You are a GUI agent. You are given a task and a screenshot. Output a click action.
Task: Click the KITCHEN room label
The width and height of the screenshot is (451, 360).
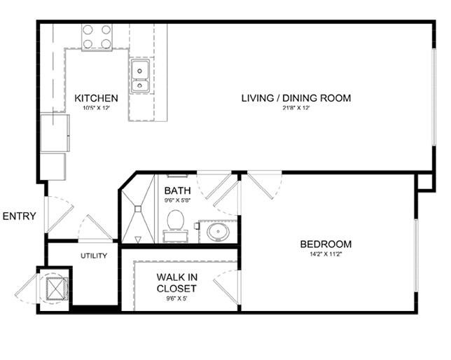point(96,98)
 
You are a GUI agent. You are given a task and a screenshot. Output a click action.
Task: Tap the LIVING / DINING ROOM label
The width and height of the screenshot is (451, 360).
point(296,98)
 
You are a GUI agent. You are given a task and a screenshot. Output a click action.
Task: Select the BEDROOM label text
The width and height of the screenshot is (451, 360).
point(326,244)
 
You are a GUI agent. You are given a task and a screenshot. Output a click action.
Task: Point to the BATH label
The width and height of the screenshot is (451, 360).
point(177,191)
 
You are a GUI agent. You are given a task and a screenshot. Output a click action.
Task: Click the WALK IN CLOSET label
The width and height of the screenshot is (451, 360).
point(177,282)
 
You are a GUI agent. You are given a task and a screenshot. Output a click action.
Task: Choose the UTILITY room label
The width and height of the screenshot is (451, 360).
point(94,256)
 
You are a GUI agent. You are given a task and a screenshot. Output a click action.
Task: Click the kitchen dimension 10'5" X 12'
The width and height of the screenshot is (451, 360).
point(97,108)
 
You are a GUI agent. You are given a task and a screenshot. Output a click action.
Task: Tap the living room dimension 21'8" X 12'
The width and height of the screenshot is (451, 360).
point(296,108)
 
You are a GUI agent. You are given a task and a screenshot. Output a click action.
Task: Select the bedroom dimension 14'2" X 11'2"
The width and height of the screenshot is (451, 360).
point(326,254)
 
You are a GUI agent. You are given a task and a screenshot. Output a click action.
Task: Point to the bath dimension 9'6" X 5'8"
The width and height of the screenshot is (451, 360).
point(178,200)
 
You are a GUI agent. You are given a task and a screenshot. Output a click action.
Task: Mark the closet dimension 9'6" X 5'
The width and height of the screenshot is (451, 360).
point(176,298)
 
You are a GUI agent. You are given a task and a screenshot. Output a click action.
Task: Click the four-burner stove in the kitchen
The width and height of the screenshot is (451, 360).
point(97,37)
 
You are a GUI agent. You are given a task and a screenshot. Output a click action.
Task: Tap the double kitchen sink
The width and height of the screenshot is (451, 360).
point(140,76)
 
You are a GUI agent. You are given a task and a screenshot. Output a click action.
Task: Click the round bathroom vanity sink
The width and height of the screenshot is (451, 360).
point(218,232)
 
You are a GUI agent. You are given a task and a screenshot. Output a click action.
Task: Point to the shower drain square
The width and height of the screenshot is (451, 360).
point(138,209)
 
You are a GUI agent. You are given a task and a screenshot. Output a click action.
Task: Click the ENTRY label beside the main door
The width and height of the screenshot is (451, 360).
point(20,216)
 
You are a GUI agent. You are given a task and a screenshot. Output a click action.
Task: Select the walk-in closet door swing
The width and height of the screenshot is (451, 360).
point(225,284)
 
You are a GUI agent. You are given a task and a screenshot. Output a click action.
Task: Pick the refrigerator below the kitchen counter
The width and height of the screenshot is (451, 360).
point(55,133)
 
